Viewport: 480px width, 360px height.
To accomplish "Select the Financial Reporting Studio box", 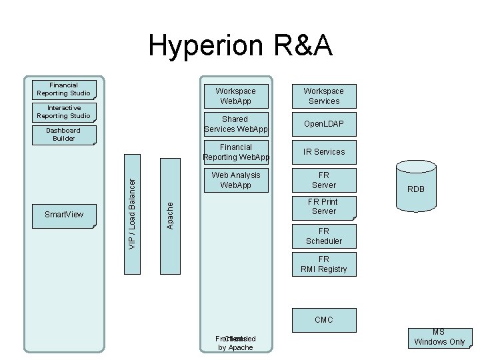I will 64,89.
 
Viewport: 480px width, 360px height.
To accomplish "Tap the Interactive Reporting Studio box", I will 64,112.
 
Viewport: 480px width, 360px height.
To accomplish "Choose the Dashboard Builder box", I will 64,135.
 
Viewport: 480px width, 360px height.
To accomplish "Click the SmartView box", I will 64,215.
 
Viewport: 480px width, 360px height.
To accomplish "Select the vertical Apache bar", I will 170,215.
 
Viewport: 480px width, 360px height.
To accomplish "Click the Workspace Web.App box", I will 236,96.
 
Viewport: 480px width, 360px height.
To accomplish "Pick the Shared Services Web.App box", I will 236,124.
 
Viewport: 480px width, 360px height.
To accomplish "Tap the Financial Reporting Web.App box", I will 236,152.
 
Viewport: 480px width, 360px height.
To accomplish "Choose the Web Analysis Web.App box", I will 236,180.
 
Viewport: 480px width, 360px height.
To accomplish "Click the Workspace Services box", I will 323,96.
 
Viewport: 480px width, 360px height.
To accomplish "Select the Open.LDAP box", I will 323,124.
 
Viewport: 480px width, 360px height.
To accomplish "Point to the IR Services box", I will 323,152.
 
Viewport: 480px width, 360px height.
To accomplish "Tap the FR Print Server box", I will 323,207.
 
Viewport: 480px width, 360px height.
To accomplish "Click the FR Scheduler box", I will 323,236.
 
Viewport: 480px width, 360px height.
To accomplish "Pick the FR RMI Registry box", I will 323,265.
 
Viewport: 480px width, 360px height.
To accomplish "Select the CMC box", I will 323,320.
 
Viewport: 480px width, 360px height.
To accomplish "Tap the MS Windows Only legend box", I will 439,338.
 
